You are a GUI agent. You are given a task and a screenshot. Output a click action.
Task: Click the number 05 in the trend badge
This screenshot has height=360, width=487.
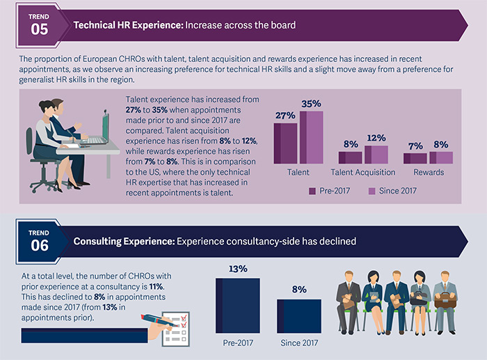click(40, 29)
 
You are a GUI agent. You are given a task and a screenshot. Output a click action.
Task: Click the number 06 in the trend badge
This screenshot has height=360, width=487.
click(40, 246)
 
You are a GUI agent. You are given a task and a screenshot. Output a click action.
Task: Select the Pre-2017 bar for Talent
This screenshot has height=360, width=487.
click(286, 143)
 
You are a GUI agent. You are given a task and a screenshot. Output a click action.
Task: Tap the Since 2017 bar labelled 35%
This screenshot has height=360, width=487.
click(311, 137)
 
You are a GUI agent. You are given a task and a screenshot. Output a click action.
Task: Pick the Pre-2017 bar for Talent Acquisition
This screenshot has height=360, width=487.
click(350, 157)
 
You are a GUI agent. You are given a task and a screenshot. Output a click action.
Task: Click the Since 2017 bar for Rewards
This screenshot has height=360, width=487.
click(441, 157)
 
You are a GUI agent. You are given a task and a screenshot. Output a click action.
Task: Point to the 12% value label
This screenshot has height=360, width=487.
click(376, 138)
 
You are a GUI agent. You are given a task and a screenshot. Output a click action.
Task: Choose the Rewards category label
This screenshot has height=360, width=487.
click(429, 172)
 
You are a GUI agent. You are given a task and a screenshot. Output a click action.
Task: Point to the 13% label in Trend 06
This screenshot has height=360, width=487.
click(238, 268)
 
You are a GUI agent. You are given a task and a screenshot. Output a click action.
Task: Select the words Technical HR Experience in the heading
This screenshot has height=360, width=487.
click(127, 25)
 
